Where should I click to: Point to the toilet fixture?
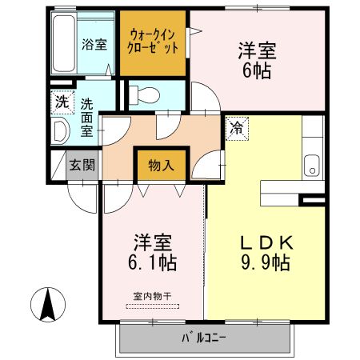[x=144, y=94]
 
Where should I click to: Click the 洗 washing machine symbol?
[x=61, y=102]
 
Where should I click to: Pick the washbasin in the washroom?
[x=60, y=130]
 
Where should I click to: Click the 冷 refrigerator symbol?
[x=237, y=126]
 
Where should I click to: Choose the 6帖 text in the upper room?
[x=256, y=71]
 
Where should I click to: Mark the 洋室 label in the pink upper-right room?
[x=256, y=50]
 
